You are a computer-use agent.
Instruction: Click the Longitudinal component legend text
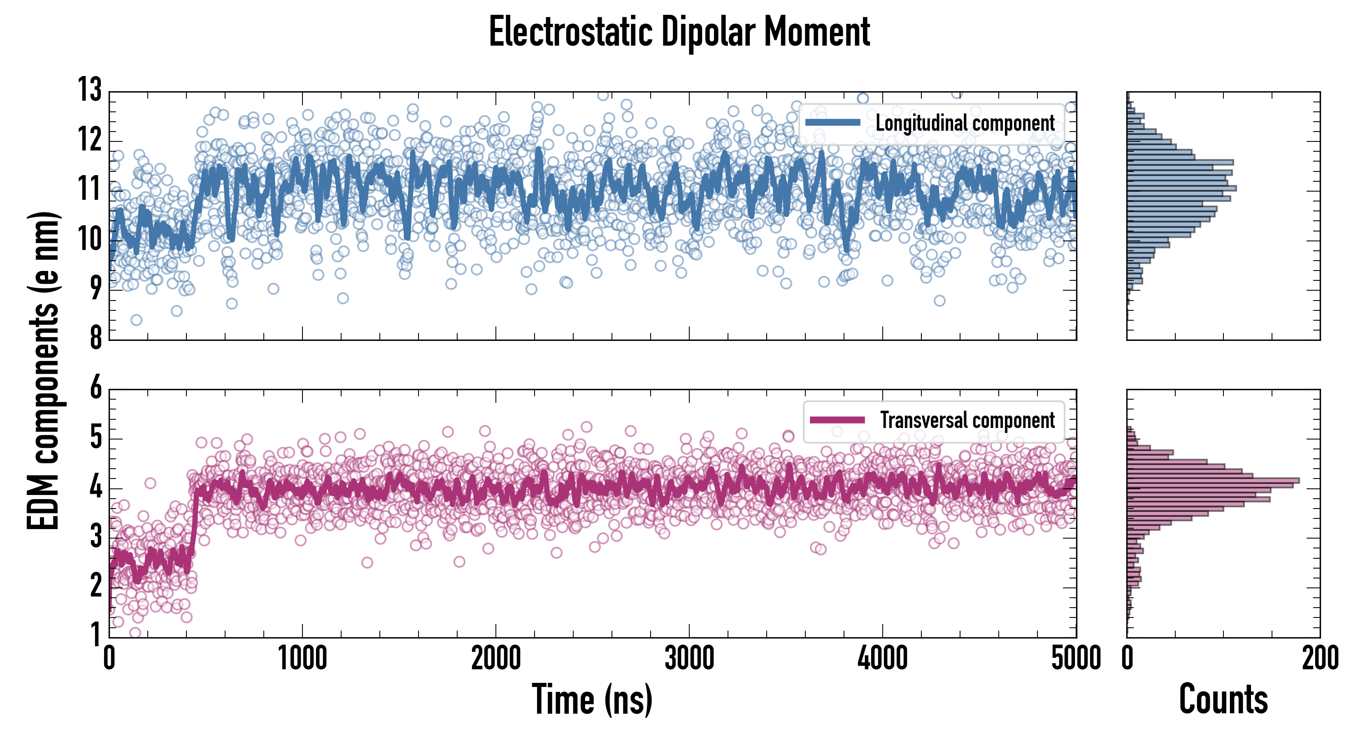click(x=965, y=123)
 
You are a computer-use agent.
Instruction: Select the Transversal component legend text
click(x=967, y=420)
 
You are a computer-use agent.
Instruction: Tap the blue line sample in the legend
click(x=833, y=123)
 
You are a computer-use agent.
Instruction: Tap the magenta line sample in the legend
click(x=837, y=420)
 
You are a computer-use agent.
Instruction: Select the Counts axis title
click(x=1223, y=699)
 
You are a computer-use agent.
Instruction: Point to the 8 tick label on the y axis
click(x=95, y=338)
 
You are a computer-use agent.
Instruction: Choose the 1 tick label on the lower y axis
click(x=95, y=635)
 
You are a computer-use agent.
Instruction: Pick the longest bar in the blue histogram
click(x=1181, y=188)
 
